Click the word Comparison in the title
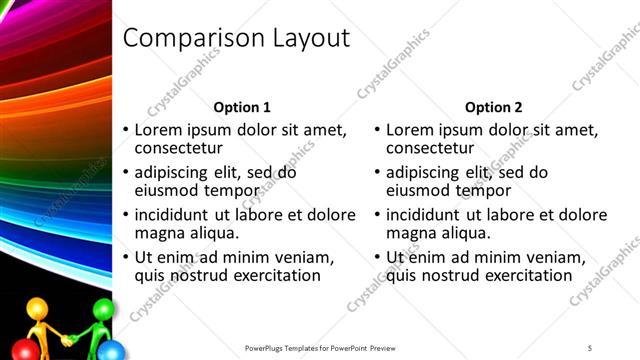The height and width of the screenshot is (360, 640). pos(187,39)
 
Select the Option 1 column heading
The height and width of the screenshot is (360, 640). pos(242,107)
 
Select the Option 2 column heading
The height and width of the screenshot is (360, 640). pos(493,107)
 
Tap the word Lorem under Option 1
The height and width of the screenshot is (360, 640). pos(157,130)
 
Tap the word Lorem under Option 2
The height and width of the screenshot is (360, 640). pos(408,130)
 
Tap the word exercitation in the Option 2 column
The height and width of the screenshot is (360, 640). pos(528,275)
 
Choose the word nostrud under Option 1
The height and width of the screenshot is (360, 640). pos(199,275)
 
